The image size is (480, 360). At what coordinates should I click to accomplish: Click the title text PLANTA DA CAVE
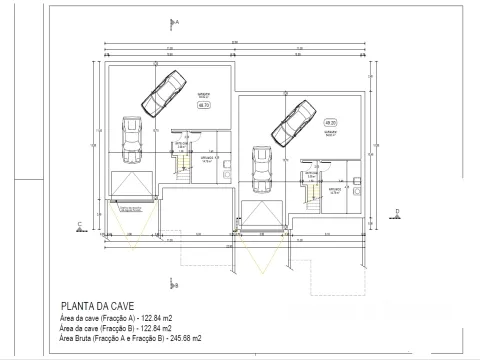(98, 306)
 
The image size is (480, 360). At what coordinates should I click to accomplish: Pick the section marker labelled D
(397, 210)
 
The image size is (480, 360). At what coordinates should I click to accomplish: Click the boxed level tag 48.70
(204, 104)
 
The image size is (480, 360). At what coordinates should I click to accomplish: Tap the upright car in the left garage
(130, 140)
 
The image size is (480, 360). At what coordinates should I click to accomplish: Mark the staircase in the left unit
(183, 159)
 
